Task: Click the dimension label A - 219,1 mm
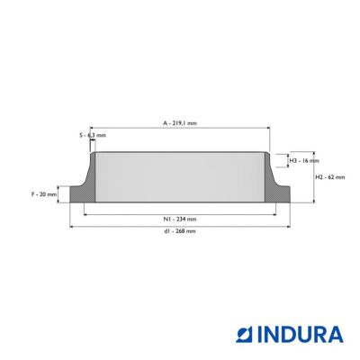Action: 180,123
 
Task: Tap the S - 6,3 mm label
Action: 93,135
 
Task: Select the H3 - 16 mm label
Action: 304,161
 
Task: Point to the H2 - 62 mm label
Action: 330,177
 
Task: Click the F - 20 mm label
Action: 44,194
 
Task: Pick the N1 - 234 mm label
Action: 180,219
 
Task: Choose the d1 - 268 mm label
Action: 180,231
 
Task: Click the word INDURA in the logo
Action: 301,335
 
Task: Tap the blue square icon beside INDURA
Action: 246,335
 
